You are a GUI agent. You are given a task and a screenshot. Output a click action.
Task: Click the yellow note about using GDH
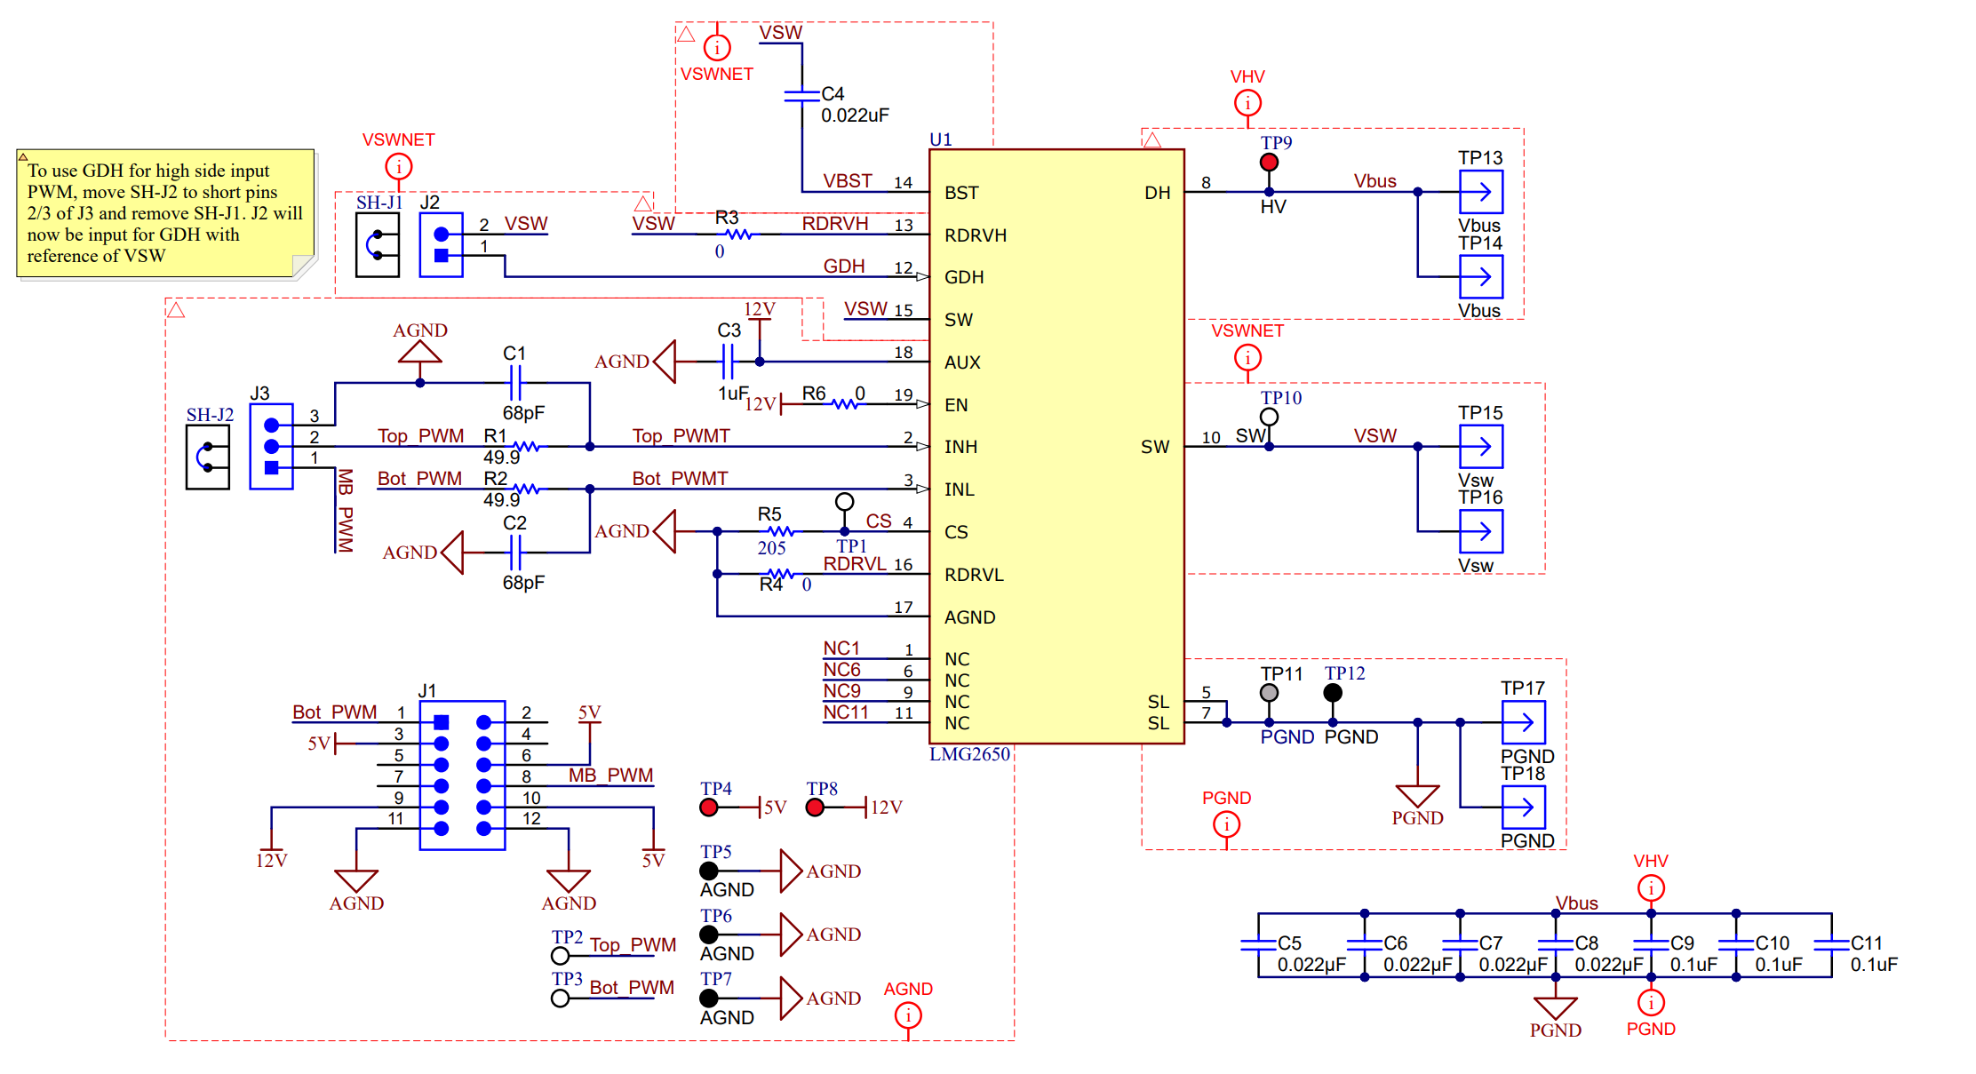point(165,213)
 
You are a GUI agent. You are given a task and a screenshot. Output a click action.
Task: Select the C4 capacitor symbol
point(801,94)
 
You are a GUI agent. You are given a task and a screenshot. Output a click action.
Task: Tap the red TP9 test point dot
point(1269,163)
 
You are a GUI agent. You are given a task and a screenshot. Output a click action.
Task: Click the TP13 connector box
point(1481,192)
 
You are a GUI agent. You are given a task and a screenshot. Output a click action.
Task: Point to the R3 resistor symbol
point(738,235)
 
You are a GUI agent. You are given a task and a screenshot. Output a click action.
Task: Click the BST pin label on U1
point(961,193)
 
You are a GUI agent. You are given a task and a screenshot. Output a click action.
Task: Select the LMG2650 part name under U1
point(969,754)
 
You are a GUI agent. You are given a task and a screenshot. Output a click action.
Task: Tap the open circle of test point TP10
point(1269,417)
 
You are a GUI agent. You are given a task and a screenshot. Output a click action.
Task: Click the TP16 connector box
point(1481,531)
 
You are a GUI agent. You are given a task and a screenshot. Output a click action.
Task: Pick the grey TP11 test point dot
point(1269,693)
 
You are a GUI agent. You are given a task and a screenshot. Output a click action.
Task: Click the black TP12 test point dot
point(1333,693)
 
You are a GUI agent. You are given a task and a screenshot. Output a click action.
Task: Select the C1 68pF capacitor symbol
point(515,383)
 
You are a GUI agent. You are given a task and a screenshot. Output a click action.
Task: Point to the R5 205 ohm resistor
point(780,531)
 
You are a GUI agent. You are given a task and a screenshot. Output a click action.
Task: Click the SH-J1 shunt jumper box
point(378,245)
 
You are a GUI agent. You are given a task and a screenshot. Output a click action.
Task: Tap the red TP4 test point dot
point(708,807)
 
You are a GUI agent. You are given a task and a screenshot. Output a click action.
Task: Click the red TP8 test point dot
point(815,807)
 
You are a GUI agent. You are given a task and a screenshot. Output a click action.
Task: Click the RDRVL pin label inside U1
point(974,575)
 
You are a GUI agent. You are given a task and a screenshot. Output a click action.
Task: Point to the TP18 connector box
point(1524,807)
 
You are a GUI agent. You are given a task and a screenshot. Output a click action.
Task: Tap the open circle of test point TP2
point(560,956)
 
